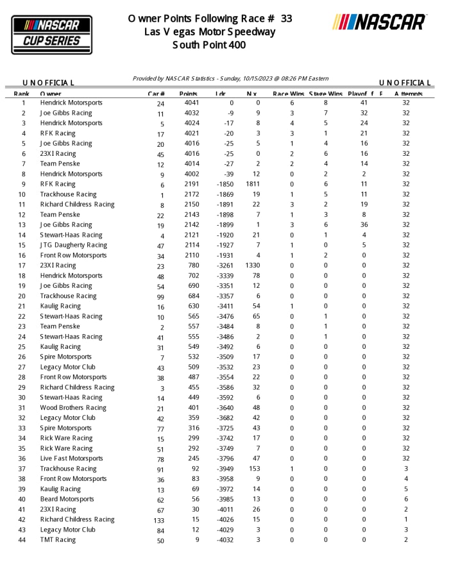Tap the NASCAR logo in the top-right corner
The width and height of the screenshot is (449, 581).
coord(379,22)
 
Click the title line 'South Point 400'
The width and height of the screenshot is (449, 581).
coord(209,45)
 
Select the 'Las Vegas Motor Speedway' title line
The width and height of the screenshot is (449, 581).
coord(209,32)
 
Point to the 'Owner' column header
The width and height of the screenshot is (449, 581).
coord(51,94)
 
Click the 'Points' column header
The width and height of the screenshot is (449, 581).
coord(189,94)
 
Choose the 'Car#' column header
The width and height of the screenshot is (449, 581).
coord(157,94)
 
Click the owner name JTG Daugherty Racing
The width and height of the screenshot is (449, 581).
coord(73,245)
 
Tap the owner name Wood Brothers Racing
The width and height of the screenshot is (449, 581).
coord(73,408)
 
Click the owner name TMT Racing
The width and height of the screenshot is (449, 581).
coord(58,540)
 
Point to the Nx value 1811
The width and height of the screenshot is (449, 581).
coord(252,184)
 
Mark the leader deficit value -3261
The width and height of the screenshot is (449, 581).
coord(224,265)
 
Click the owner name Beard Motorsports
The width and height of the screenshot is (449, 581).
coord(67,499)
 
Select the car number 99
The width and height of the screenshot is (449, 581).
coord(160,297)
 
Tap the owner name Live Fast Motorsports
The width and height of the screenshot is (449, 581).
coord(71,459)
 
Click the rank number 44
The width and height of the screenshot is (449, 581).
coord(23,540)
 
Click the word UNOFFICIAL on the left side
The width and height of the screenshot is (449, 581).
coord(49,83)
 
